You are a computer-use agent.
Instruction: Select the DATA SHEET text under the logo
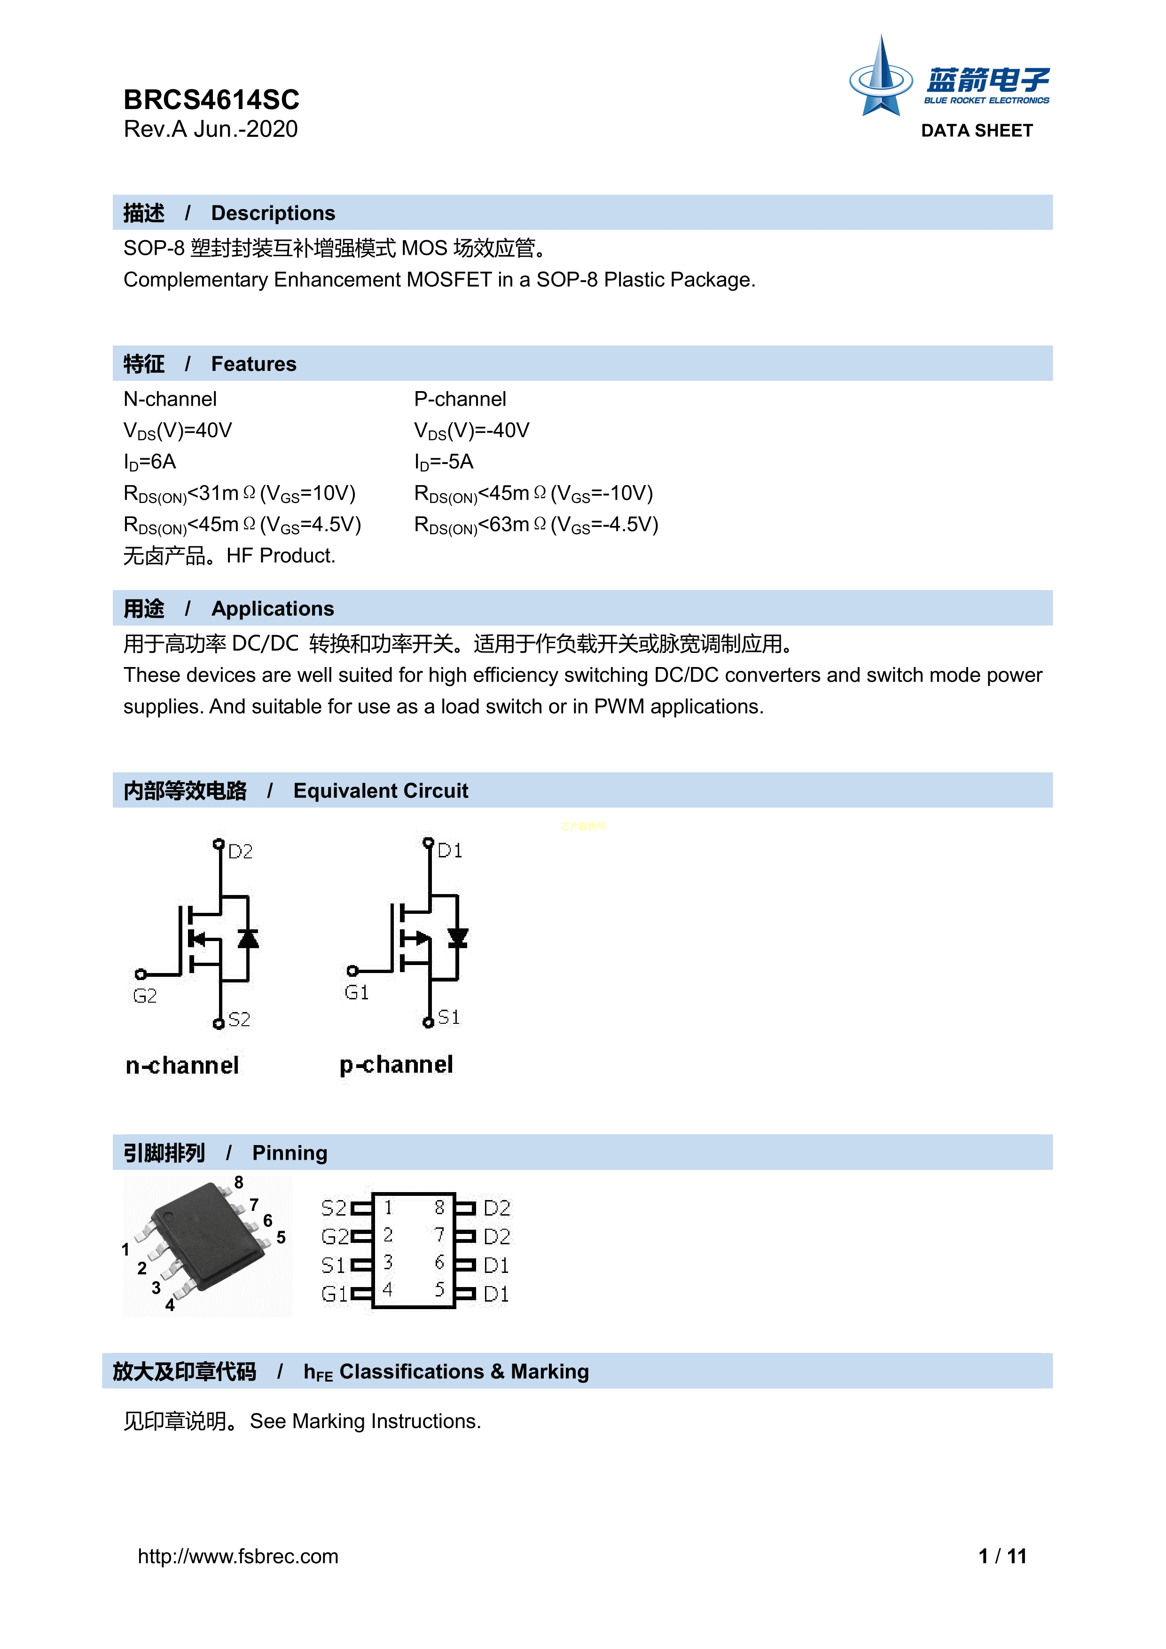click(x=977, y=131)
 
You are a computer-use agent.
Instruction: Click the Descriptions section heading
click(x=273, y=213)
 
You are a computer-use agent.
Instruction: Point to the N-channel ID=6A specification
click(x=150, y=462)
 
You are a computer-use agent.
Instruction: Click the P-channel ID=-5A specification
click(x=444, y=462)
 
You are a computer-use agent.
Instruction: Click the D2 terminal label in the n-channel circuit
click(x=241, y=852)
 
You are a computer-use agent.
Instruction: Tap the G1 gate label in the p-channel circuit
click(x=357, y=993)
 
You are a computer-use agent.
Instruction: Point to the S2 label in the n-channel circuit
click(x=240, y=1020)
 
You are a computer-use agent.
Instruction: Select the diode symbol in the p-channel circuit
click(x=457, y=937)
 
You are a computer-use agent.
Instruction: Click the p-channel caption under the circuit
click(x=396, y=1064)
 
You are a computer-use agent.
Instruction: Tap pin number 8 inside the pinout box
click(x=439, y=1208)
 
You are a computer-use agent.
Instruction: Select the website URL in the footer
click(x=238, y=1556)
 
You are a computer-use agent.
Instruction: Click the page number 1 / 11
click(x=1002, y=1556)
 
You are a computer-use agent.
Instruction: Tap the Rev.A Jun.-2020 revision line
click(x=211, y=129)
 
